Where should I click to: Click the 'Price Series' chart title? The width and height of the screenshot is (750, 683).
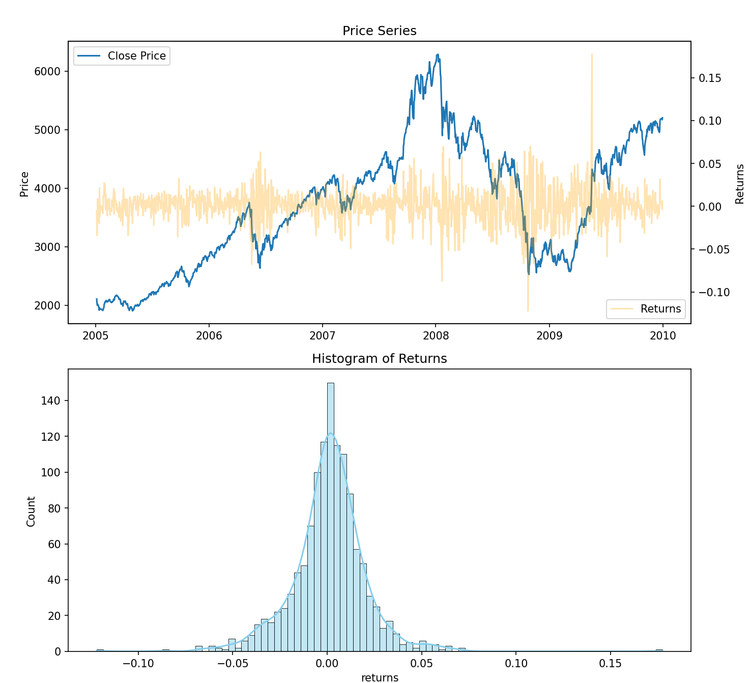pyautogui.click(x=379, y=31)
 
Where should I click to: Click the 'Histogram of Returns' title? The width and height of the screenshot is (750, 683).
pyautogui.click(x=379, y=359)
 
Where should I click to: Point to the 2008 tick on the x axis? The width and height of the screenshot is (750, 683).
pyautogui.click(x=436, y=336)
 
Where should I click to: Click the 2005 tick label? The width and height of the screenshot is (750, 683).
pyautogui.click(x=96, y=336)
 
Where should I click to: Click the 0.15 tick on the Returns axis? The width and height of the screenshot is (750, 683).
pyautogui.click(x=709, y=78)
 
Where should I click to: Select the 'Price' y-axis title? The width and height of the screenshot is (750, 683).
pyautogui.click(x=24, y=184)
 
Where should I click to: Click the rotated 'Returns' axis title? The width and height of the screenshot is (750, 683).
pyautogui.click(x=740, y=184)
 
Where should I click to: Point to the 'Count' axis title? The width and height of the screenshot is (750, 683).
pyautogui.click(x=31, y=511)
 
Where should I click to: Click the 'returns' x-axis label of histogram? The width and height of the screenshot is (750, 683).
pyautogui.click(x=380, y=677)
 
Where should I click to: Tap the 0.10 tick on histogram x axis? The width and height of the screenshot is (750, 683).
pyautogui.click(x=516, y=664)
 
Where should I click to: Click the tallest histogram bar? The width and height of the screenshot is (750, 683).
pyautogui.click(x=331, y=517)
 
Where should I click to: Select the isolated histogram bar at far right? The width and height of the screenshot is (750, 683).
pyautogui.click(x=659, y=650)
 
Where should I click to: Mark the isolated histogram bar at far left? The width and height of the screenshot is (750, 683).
pyautogui.click(x=100, y=650)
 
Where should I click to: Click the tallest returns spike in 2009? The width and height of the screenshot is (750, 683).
pyautogui.click(x=592, y=56)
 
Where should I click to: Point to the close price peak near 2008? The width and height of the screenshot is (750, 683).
pyautogui.click(x=438, y=55)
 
